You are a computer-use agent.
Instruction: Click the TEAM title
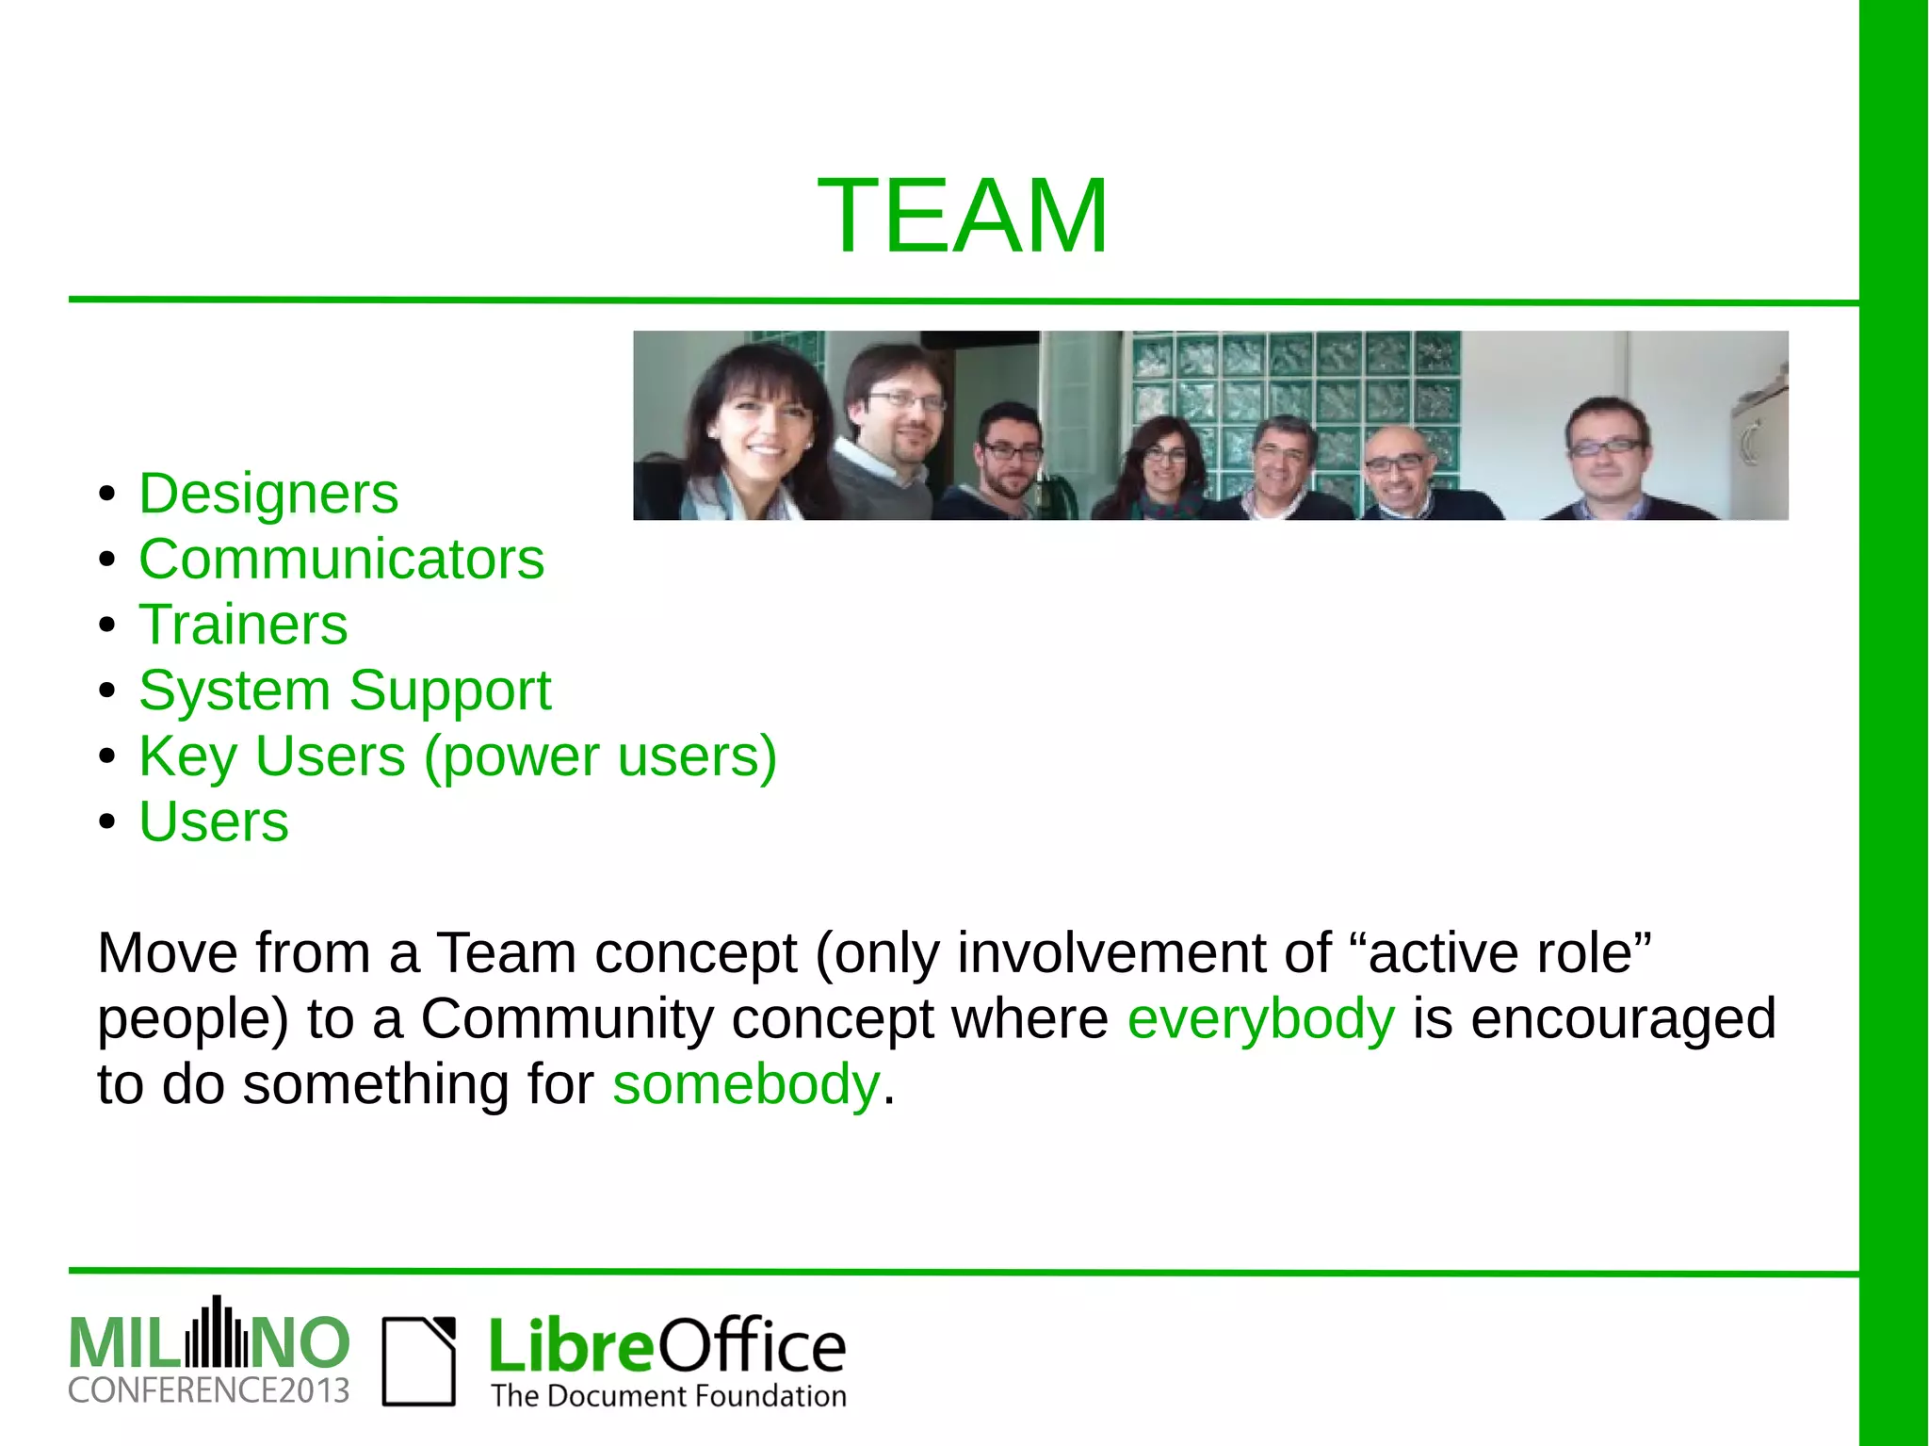click(963, 217)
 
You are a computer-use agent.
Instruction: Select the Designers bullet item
click(268, 494)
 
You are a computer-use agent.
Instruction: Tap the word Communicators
click(341, 560)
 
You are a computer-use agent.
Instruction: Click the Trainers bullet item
click(243, 625)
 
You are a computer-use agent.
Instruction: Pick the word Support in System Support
click(449, 691)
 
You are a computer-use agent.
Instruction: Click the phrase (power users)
click(600, 756)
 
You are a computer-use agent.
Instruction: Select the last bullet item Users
click(214, 821)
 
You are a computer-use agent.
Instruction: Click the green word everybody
click(1260, 1019)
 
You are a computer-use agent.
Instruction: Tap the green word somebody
click(745, 1084)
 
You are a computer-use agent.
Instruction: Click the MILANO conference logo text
click(209, 1342)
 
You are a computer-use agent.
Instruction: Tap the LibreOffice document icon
click(418, 1361)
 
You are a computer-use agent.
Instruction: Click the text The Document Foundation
click(668, 1396)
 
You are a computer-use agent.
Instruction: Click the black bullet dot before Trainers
click(107, 626)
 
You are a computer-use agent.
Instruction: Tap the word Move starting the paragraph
click(167, 953)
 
